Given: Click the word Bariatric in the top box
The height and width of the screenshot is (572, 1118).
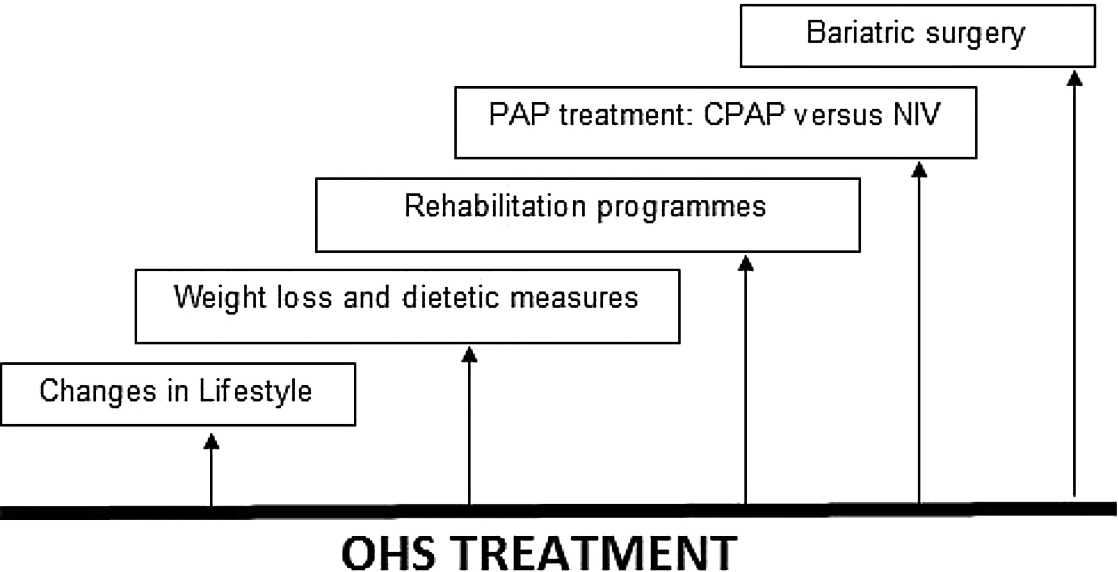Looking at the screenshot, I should (859, 33).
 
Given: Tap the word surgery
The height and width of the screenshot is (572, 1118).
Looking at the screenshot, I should (975, 34).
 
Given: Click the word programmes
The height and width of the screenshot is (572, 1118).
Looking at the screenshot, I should (682, 208).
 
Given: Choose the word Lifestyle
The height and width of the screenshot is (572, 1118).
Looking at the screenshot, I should (255, 391).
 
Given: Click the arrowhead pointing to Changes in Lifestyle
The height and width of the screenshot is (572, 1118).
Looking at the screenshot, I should (211, 442).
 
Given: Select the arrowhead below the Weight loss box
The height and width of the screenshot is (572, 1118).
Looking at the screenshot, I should (469, 355).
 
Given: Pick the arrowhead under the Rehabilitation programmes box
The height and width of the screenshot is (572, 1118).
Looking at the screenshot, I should (745, 264).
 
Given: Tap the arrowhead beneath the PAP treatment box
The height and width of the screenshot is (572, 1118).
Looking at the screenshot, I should (919, 170).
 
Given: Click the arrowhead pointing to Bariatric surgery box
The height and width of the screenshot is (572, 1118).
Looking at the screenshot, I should (1075, 78).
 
